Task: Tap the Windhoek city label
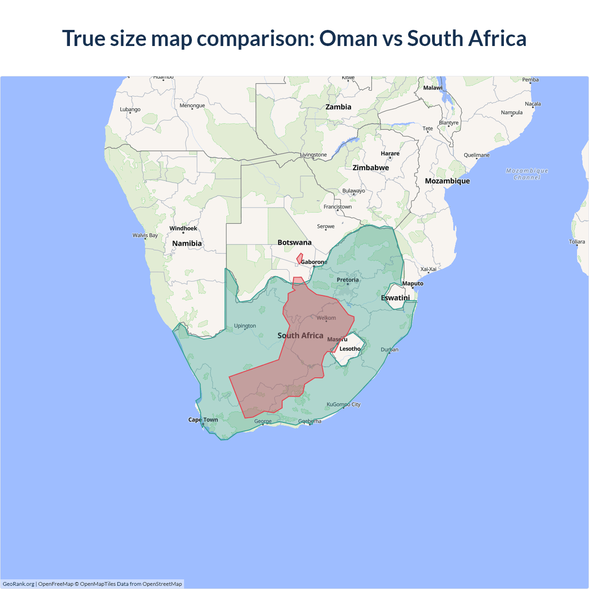(183, 228)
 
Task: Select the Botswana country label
(294, 243)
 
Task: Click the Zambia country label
(338, 107)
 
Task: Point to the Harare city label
(390, 153)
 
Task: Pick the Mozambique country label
(447, 181)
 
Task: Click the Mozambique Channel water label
(527, 174)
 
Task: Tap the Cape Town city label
(203, 420)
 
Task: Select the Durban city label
(390, 350)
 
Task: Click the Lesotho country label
(350, 349)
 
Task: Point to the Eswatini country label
(395, 298)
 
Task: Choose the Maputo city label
(413, 283)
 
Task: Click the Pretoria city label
(347, 280)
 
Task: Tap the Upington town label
(245, 326)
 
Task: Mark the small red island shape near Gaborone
(300, 259)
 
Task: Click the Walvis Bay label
(145, 235)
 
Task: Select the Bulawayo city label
(353, 191)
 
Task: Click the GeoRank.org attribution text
(18, 584)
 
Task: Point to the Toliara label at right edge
(577, 242)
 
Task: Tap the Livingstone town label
(313, 155)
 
